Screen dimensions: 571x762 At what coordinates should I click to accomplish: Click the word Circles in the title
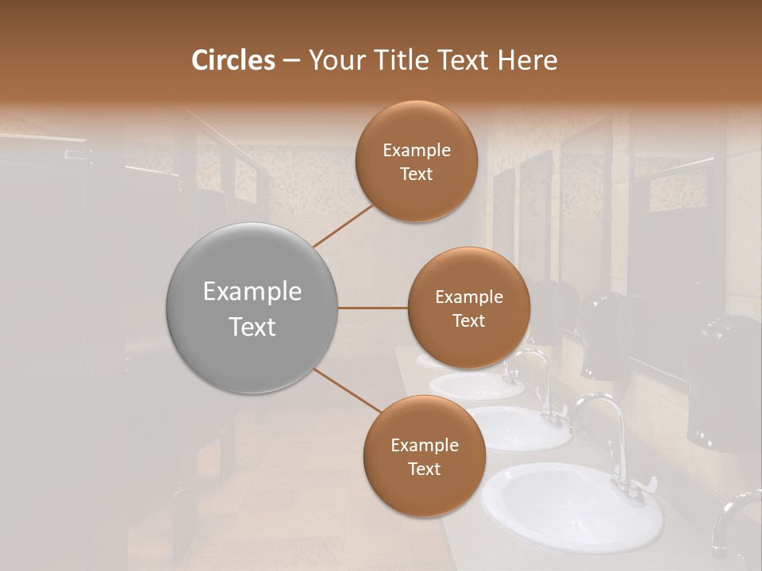[233, 60]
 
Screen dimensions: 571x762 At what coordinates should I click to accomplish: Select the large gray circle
[252, 308]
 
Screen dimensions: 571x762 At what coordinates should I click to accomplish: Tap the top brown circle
[416, 162]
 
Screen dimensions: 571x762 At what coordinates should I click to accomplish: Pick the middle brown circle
[468, 308]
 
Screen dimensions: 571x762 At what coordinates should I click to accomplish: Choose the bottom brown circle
[424, 456]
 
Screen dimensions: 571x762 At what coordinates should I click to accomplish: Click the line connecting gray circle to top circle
[344, 225]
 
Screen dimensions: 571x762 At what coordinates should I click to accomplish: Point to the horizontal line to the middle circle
[373, 308]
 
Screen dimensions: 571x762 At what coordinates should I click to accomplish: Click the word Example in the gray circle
[252, 291]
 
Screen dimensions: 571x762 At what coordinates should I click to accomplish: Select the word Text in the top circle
[416, 174]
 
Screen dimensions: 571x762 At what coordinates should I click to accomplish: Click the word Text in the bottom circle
[424, 469]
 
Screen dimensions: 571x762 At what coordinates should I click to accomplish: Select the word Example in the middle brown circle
[468, 297]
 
